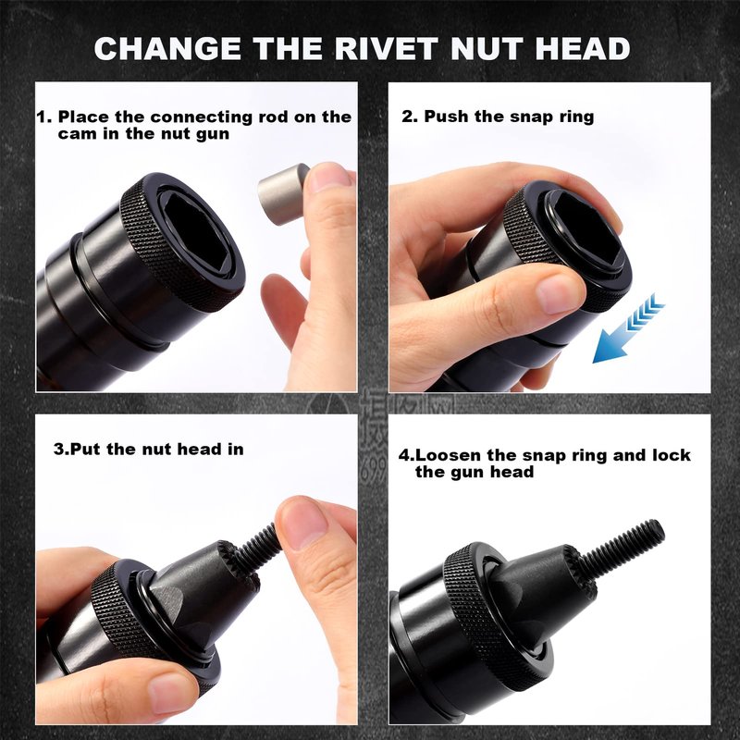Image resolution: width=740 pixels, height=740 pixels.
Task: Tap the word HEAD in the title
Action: tap(583, 48)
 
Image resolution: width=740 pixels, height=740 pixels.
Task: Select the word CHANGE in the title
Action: tap(167, 48)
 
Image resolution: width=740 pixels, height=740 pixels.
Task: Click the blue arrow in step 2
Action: tap(628, 328)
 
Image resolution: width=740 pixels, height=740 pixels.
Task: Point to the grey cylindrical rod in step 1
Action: tap(282, 194)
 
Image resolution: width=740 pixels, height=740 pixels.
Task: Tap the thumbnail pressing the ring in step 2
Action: tap(561, 293)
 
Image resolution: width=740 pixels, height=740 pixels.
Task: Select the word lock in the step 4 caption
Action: tap(672, 455)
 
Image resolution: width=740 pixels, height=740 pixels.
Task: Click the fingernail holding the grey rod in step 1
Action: tap(326, 178)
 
